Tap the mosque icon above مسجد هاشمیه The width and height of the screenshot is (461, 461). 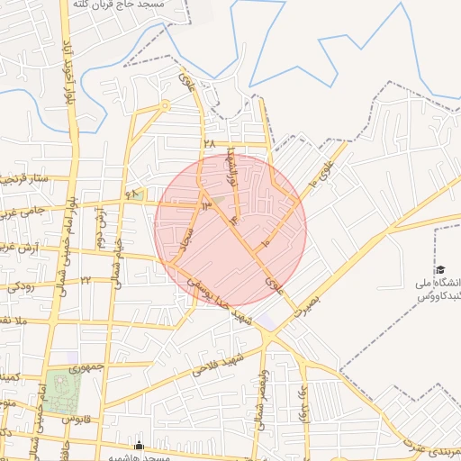[x=139, y=445]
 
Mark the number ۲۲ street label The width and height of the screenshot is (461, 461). [x=86, y=280]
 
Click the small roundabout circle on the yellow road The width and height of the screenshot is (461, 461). [x=165, y=105]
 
